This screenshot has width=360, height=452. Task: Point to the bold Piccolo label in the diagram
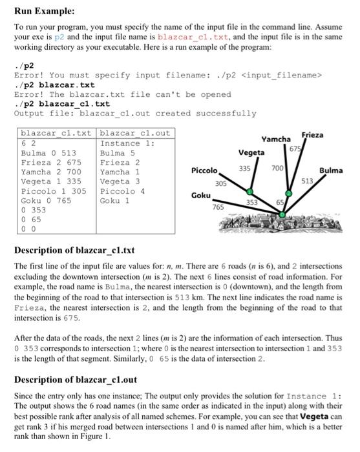coord(207,170)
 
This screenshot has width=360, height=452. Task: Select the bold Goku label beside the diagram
coord(201,194)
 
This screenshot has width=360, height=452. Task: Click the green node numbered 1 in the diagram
coord(249,191)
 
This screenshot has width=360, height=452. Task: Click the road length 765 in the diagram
coord(218,208)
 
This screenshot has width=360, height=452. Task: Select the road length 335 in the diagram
coord(244,168)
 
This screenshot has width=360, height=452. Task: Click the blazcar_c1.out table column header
coord(135,133)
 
